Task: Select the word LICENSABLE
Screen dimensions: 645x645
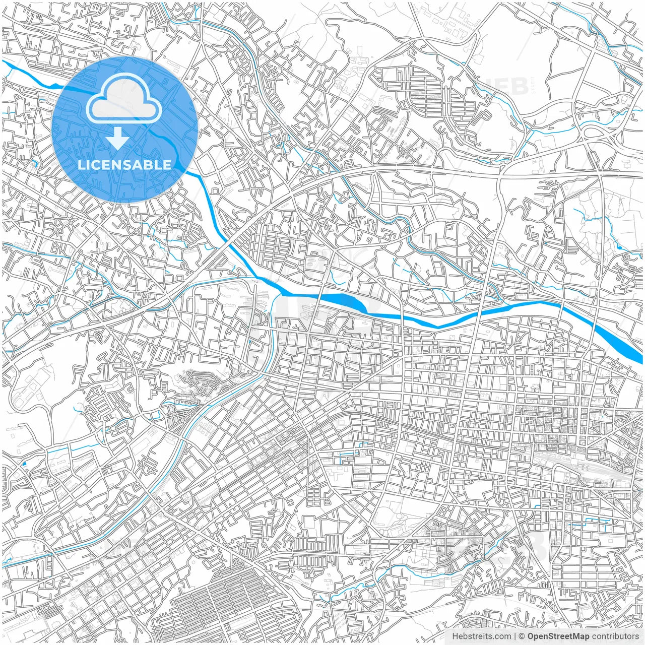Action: [x=124, y=165]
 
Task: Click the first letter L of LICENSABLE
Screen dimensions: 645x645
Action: [x=81, y=165]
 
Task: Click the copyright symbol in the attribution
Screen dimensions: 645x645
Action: [x=523, y=636]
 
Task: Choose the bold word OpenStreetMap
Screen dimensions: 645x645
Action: [x=558, y=636]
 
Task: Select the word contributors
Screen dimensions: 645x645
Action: [x=615, y=636]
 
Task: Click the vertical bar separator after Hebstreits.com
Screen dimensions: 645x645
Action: [x=515, y=636]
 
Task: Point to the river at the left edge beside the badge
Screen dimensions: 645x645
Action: [x=10, y=66]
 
